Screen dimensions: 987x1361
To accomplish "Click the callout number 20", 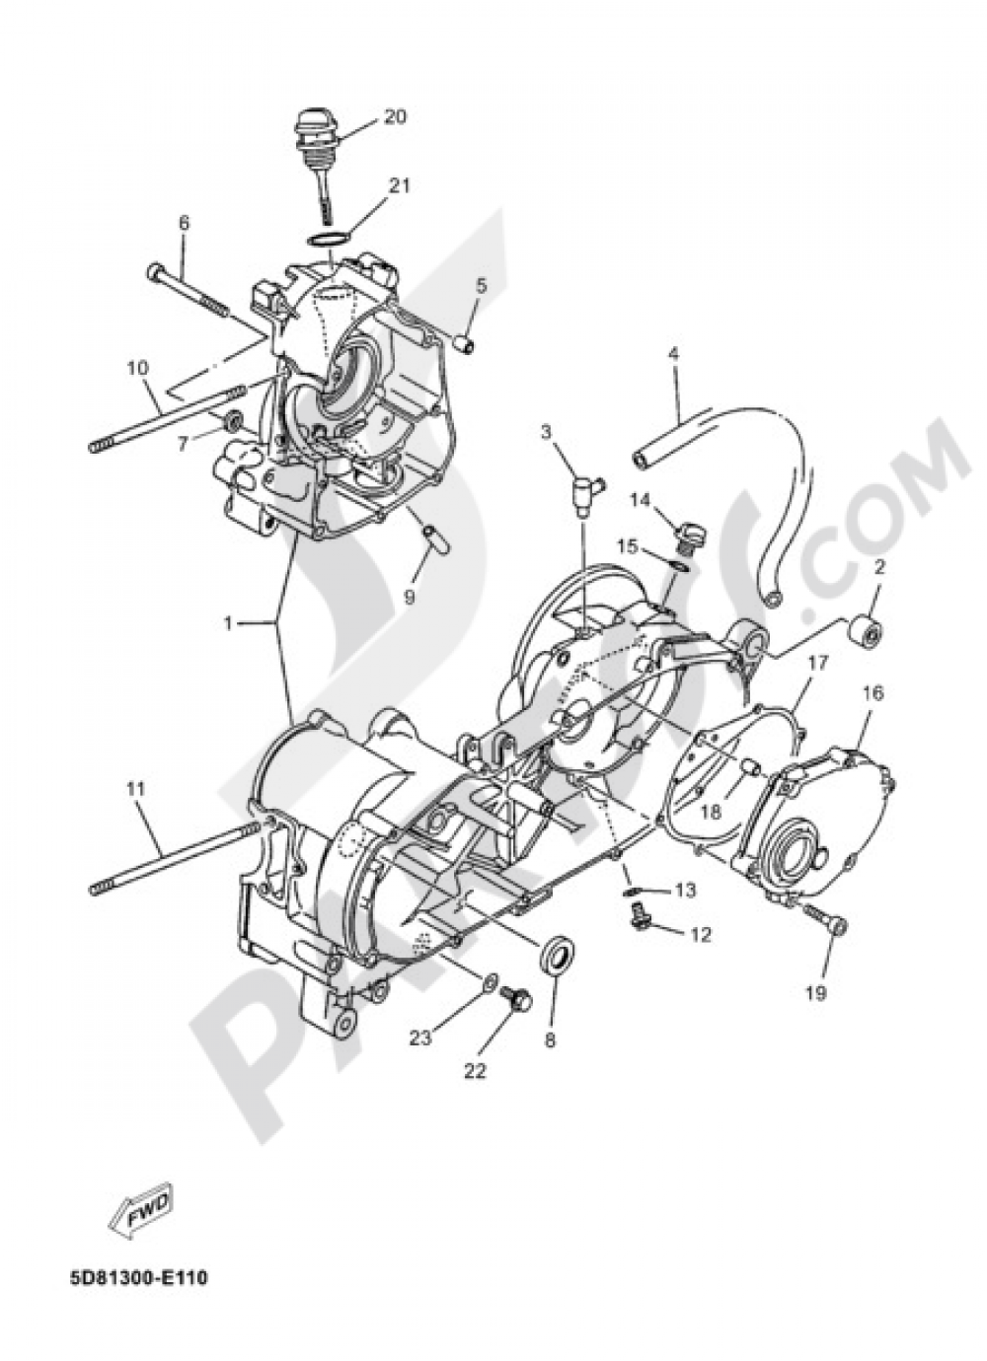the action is click(x=394, y=116).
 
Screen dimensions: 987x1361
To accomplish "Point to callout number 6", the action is click(x=183, y=224).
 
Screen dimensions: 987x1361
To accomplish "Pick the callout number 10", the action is click(x=137, y=369).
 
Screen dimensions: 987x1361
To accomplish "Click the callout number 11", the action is click(x=136, y=789).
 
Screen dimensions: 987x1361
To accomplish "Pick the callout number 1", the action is click(x=228, y=623).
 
